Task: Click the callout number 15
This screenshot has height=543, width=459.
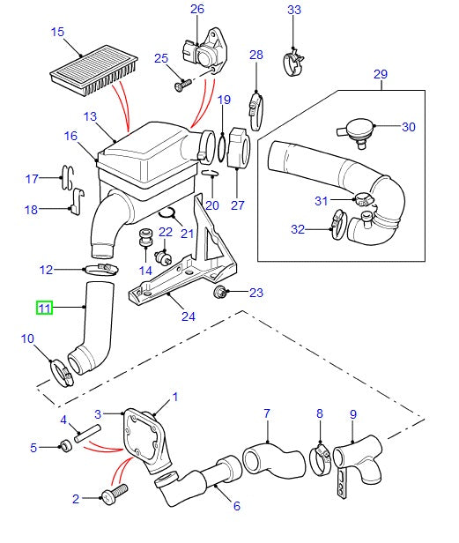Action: [57, 33]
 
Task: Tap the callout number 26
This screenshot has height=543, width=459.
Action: [196, 10]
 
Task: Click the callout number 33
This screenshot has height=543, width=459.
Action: [294, 11]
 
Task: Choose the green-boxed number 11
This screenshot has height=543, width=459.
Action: [44, 308]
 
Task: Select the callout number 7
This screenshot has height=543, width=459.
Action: [267, 413]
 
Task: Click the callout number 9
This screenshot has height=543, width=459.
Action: [352, 413]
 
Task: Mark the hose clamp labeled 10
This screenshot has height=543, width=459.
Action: [63, 372]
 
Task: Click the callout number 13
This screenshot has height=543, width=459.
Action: [90, 117]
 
